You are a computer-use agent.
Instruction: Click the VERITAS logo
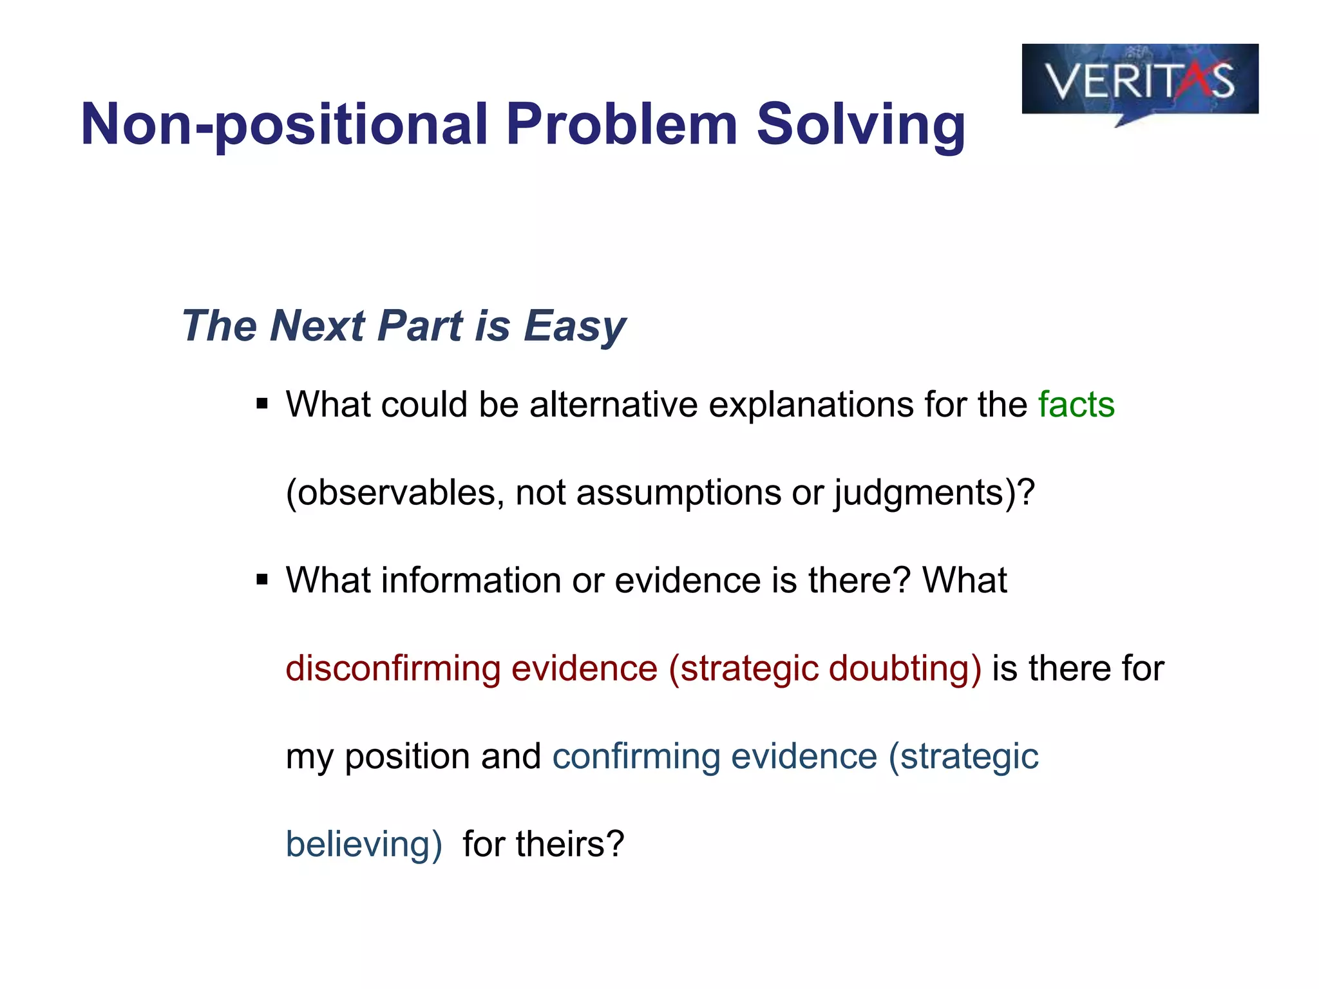tap(1139, 80)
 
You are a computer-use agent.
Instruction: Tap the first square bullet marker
tap(261, 404)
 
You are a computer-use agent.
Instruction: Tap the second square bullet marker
tap(261, 580)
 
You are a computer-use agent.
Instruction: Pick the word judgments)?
tap(934, 493)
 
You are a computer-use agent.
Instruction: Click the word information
tap(471, 580)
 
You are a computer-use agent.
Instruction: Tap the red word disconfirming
tap(393, 668)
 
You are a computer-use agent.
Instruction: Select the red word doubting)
tap(905, 668)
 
